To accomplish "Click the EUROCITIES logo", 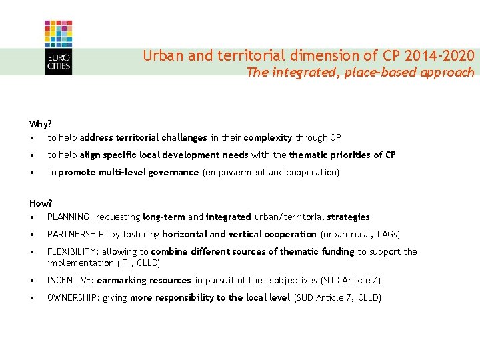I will (58, 47).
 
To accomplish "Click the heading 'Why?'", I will (41, 124).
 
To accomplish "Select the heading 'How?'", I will (41, 203).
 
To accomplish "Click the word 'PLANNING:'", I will (70, 217).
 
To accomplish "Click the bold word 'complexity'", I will (268, 138).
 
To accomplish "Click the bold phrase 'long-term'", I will (163, 217).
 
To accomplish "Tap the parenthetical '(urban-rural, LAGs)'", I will (361, 234).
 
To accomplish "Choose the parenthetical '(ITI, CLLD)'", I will (137, 263).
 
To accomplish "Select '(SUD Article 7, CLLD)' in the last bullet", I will (337, 297).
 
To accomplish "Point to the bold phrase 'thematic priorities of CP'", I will (342, 155).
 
